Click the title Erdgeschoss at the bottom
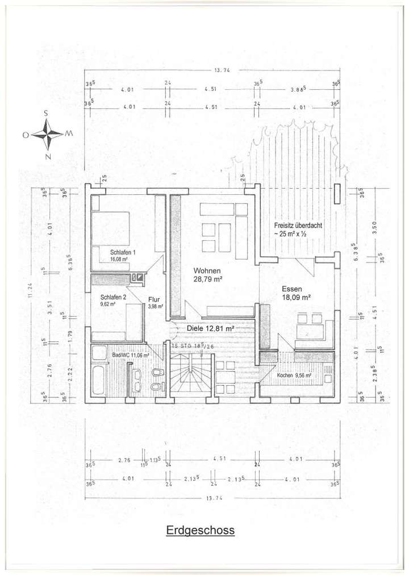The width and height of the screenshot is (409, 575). pos(200,531)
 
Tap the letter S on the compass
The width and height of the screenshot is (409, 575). pos(46,114)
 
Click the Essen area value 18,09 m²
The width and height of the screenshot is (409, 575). pos(296,297)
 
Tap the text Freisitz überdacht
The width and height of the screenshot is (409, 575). pos(298,225)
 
